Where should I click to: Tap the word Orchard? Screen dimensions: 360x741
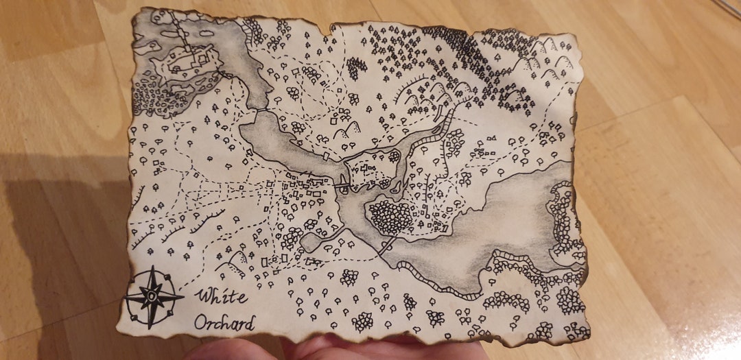(x=224, y=322)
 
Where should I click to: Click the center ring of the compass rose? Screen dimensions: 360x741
(x=152, y=297)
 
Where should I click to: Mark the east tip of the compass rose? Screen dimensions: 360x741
(x=182, y=297)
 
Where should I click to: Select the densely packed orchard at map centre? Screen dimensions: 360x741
(x=391, y=216)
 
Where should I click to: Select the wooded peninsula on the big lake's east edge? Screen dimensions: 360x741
(x=563, y=219)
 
